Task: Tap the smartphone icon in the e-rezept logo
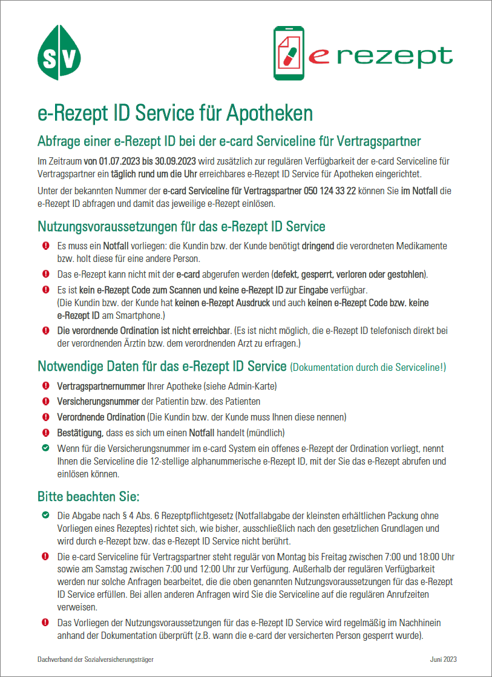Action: click(289, 54)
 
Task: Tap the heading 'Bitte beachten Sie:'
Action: click(88, 497)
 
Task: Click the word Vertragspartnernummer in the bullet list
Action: click(100, 386)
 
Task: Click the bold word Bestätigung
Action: click(80, 433)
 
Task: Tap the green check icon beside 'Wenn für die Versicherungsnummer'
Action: click(45, 449)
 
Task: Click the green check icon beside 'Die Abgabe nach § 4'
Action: click(45, 515)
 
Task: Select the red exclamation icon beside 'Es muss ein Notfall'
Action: click(45, 247)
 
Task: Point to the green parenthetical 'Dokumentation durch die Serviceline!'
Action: click(369, 367)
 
